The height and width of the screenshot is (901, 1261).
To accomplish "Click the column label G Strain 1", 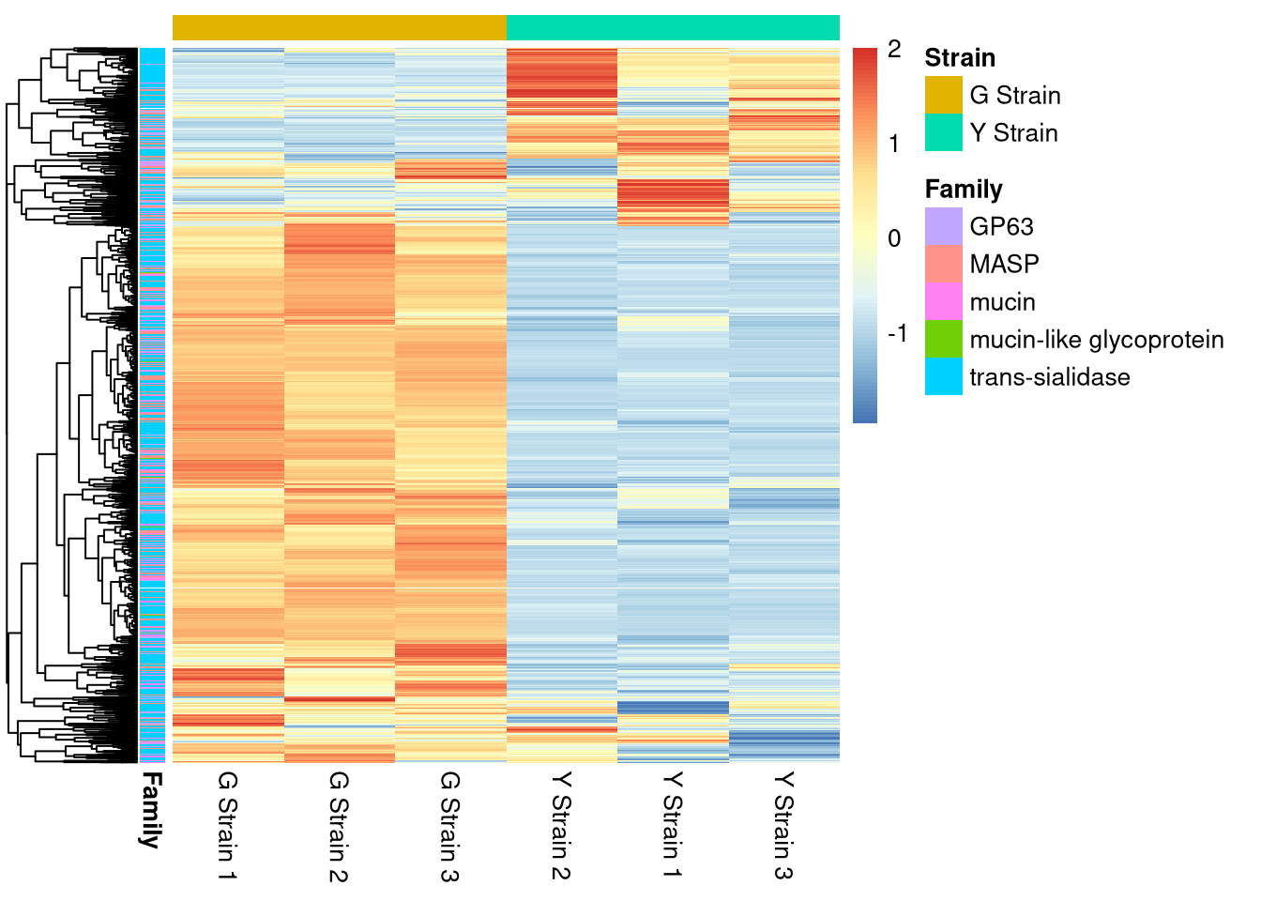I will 227,825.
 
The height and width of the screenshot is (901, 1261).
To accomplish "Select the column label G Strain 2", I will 339,826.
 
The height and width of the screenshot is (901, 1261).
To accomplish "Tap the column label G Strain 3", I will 450,826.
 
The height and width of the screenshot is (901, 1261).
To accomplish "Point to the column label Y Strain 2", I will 561,825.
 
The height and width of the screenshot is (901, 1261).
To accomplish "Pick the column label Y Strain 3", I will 783,825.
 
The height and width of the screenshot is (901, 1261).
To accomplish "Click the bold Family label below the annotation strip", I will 151,810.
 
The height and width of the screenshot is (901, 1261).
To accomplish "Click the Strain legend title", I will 959,58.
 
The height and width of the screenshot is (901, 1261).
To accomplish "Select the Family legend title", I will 964,190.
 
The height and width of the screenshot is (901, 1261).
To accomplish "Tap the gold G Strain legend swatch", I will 943,95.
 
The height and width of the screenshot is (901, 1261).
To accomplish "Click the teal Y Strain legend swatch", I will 943,132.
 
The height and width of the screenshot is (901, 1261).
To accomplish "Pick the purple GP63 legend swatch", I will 943,226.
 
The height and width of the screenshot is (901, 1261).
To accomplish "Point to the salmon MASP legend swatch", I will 943,264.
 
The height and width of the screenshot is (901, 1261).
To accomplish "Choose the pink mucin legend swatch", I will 943,301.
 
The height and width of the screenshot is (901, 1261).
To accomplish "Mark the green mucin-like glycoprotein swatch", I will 943,339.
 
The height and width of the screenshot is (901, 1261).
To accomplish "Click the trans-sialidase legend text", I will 1049,377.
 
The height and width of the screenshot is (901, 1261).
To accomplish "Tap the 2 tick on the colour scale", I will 894,50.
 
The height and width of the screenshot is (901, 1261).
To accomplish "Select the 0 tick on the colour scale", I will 894,238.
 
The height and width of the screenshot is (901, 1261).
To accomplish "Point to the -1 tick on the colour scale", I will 897,333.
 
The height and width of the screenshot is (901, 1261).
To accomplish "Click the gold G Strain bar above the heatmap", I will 339,28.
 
